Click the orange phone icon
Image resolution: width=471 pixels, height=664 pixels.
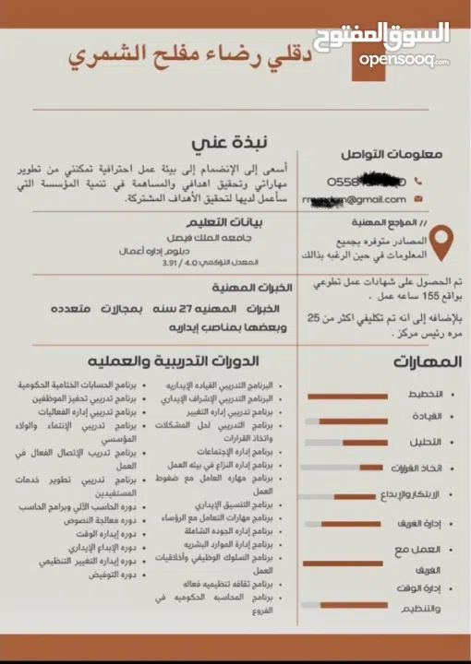pyautogui.click(x=418, y=182)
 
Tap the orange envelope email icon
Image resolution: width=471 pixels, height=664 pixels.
pyautogui.click(x=418, y=199)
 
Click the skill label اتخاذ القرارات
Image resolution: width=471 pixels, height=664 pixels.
pyautogui.click(x=411, y=468)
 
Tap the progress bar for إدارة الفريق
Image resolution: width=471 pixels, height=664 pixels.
pyautogui.click(x=345, y=525)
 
